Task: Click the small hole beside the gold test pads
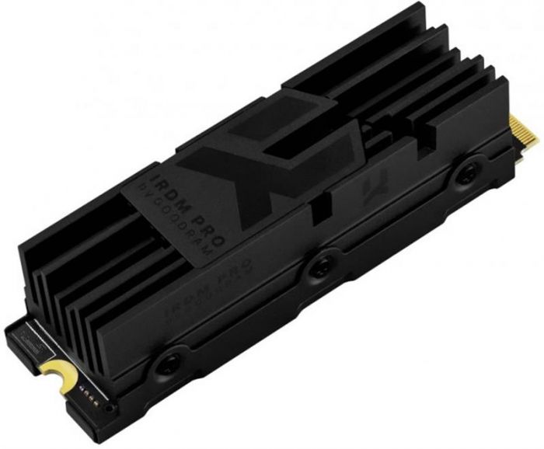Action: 112,406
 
